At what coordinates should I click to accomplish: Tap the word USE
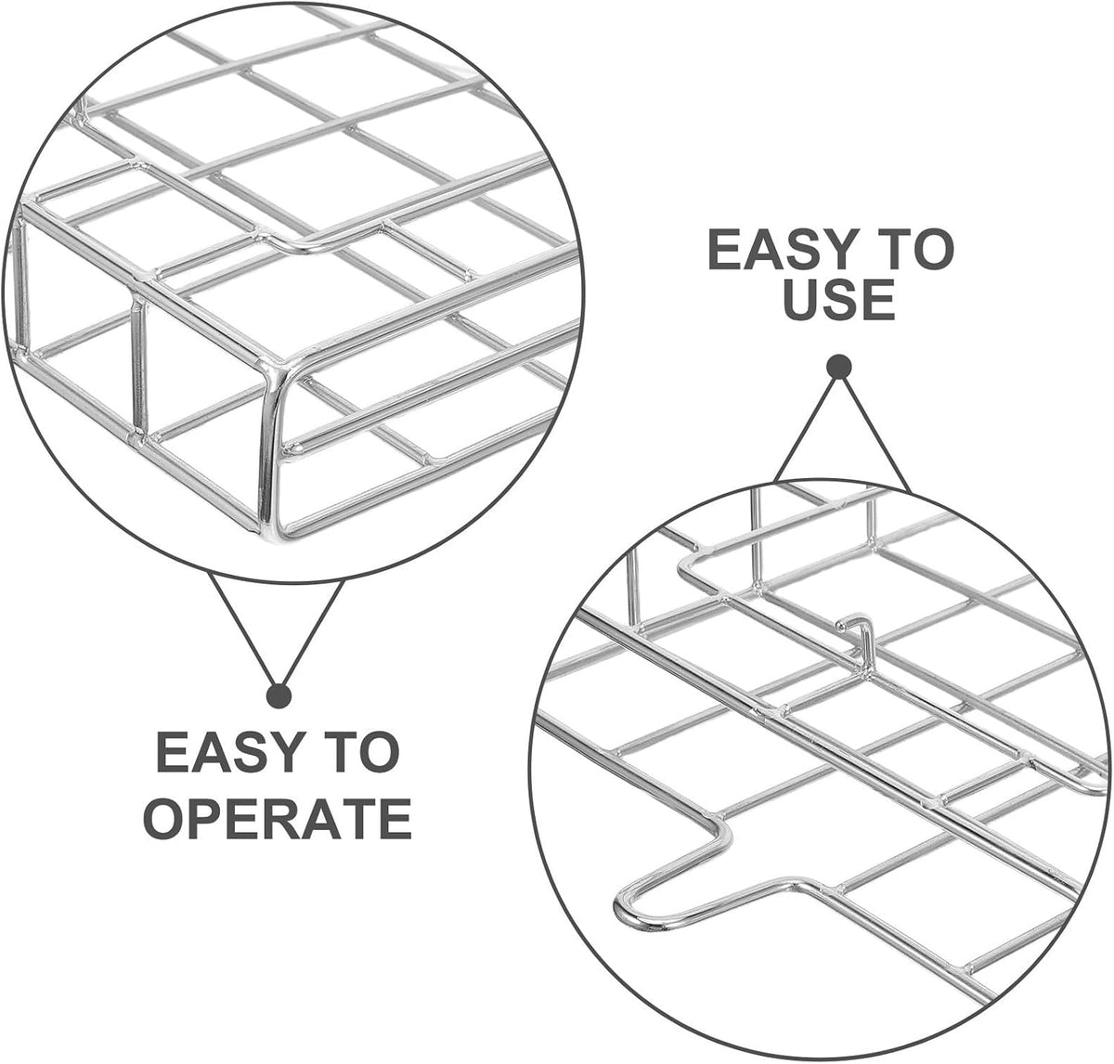[x=839, y=299]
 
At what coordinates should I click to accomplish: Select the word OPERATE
[x=277, y=817]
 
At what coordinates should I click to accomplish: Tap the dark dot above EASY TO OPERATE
[x=279, y=696]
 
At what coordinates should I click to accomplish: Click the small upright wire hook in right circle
[x=856, y=640]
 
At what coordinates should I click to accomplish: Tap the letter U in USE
[x=803, y=299]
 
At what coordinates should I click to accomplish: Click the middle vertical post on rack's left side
[x=139, y=367]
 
